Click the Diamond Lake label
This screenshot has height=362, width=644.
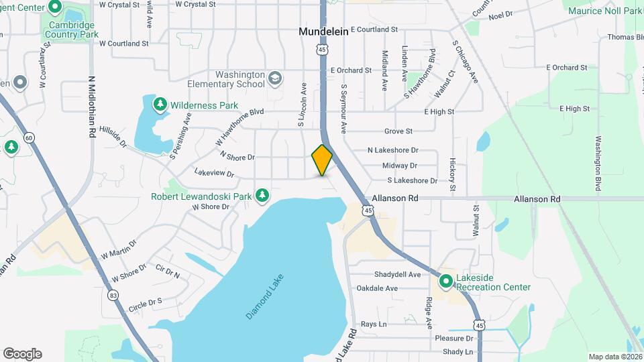(265, 296)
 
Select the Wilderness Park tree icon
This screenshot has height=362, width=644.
(160, 105)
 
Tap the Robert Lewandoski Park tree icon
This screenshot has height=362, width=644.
(263, 196)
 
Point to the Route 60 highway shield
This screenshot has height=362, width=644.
(28, 137)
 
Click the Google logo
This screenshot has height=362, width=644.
(22, 354)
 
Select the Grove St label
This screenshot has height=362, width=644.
(398, 131)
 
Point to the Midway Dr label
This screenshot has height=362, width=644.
(399, 166)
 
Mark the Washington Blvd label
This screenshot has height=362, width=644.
(597, 164)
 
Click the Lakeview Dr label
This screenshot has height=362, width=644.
(214, 173)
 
